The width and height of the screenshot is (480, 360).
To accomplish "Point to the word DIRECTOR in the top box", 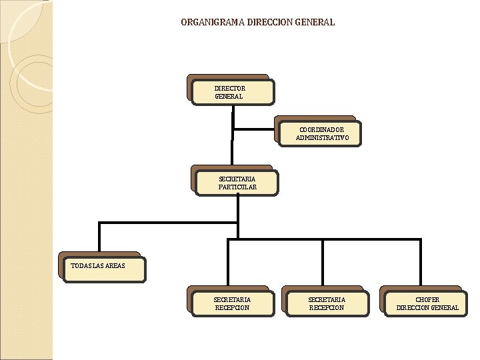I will (x=230, y=88).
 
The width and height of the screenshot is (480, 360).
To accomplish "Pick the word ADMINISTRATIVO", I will (x=322, y=138).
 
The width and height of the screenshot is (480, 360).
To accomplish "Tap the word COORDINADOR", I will (x=322, y=129).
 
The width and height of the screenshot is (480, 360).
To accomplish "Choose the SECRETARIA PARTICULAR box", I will (x=237, y=183).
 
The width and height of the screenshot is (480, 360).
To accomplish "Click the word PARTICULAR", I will (x=237, y=187).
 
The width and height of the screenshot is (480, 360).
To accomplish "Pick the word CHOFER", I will (x=427, y=299).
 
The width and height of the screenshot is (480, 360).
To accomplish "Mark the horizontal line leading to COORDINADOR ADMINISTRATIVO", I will (x=254, y=129).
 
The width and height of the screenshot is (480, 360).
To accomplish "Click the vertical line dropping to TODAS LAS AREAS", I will (x=99, y=237).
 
